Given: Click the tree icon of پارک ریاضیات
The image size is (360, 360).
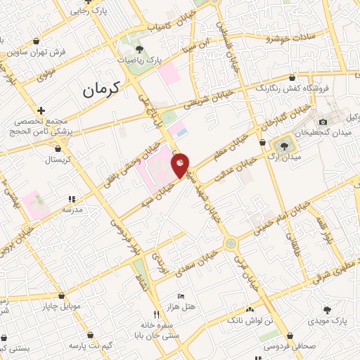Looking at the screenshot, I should click(139, 49).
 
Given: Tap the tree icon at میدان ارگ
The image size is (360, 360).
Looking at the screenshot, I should click(283, 146).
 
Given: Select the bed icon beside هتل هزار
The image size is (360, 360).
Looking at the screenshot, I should click(182, 296).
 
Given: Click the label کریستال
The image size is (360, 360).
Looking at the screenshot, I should click(58, 160).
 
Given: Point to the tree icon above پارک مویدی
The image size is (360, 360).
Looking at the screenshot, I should click(328, 309).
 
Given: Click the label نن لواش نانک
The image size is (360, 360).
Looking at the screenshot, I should click(250, 321).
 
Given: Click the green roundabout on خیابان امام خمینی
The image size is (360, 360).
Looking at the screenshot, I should click(231, 243).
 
